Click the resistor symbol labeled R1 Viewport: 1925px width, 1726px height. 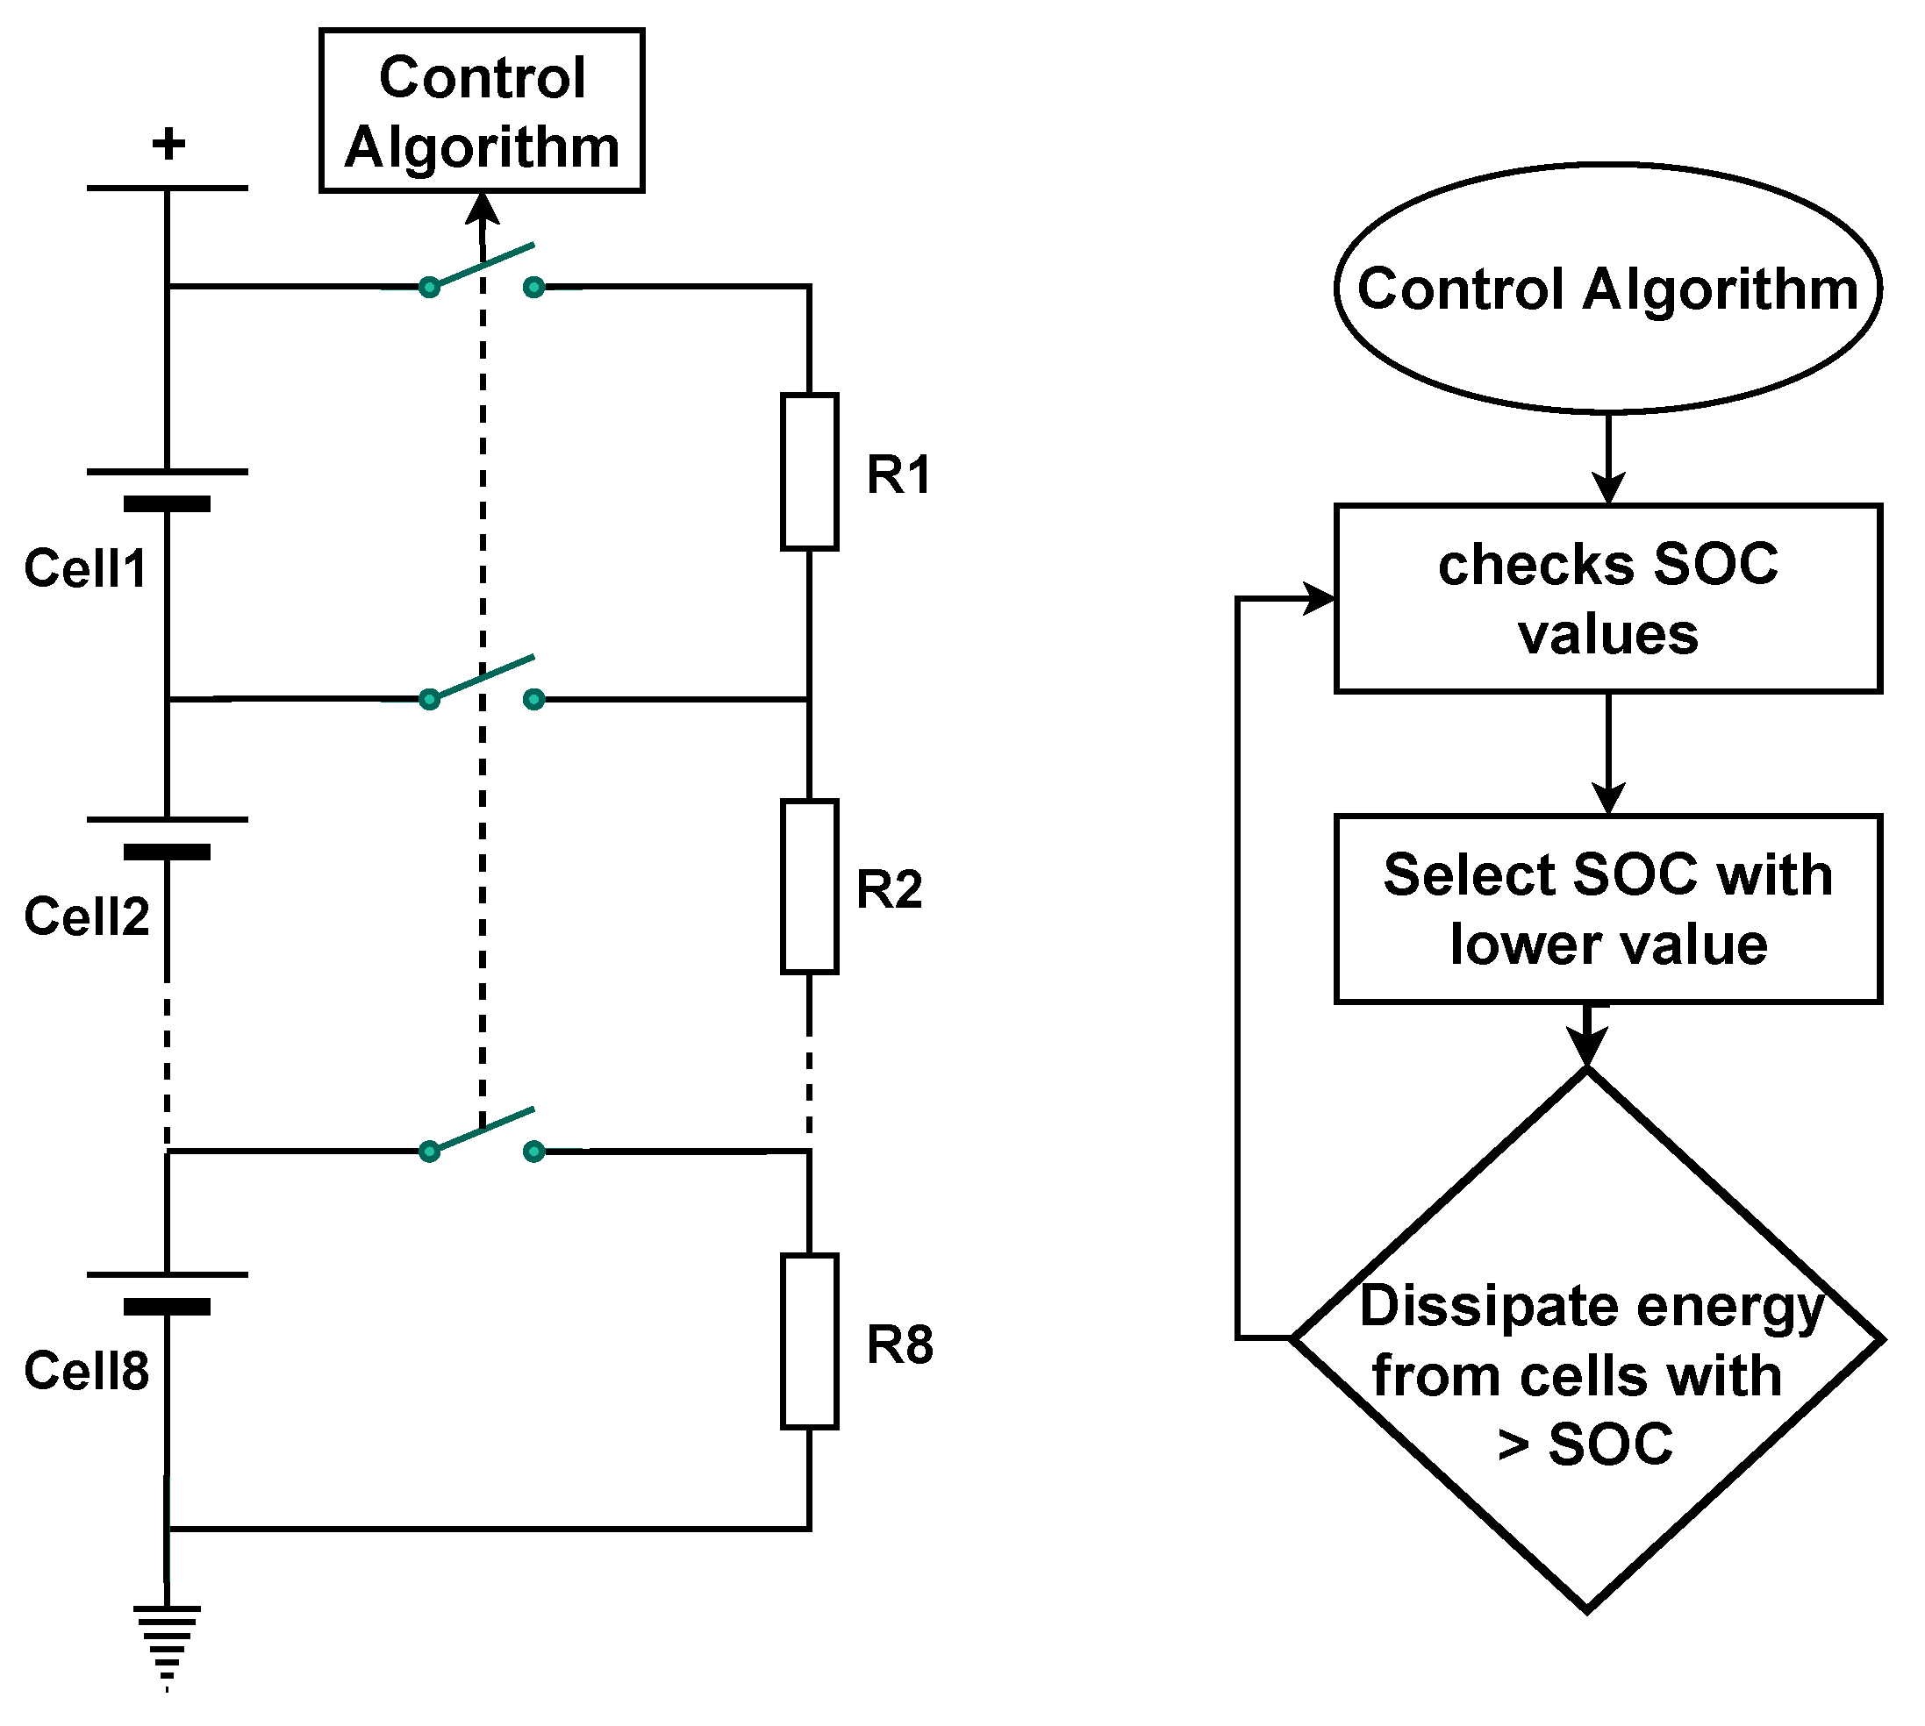pyautogui.click(x=808, y=471)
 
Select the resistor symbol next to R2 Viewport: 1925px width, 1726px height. pyautogui.click(x=808, y=887)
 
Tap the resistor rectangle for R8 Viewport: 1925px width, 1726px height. pyautogui.click(x=808, y=1341)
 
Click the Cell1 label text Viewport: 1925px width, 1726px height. pyautogui.click(x=85, y=568)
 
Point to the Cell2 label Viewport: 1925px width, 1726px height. pyautogui.click(x=86, y=916)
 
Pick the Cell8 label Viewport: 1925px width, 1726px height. pyautogui.click(x=86, y=1371)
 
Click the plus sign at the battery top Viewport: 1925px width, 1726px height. pyautogui.click(x=168, y=144)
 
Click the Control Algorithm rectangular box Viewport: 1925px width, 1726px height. pyautogui.click(x=482, y=111)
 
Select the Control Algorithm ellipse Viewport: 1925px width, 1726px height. pyautogui.click(x=1607, y=289)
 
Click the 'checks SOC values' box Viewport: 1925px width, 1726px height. pyautogui.click(x=1607, y=598)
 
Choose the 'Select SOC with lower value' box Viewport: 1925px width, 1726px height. pyautogui.click(x=1607, y=909)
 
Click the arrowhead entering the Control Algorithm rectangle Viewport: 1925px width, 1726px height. pyautogui.click(x=483, y=208)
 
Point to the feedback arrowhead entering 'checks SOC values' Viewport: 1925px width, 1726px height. pyautogui.click(x=1320, y=598)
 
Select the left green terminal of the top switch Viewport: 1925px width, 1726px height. pyautogui.click(x=429, y=287)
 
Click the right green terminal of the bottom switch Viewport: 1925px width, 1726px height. pyautogui.click(x=534, y=1152)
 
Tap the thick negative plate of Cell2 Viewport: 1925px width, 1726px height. pyautogui.click(x=167, y=852)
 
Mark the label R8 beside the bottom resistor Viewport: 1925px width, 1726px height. pyautogui.click(x=899, y=1344)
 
